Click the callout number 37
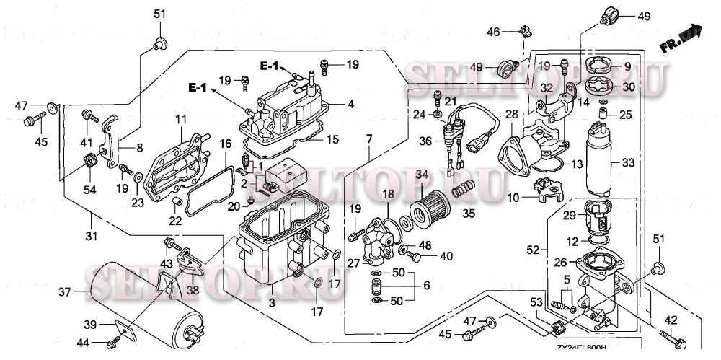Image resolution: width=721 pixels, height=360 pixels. tap(65, 291)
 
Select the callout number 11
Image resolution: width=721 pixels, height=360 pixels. tap(180, 118)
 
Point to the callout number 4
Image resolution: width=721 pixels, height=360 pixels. tap(350, 104)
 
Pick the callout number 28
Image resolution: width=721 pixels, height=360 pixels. tap(511, 115)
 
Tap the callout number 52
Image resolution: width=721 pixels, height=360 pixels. tap(532, 250)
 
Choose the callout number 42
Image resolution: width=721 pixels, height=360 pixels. tap(670, 320)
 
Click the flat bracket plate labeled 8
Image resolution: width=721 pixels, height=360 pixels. tap(111, 141)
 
